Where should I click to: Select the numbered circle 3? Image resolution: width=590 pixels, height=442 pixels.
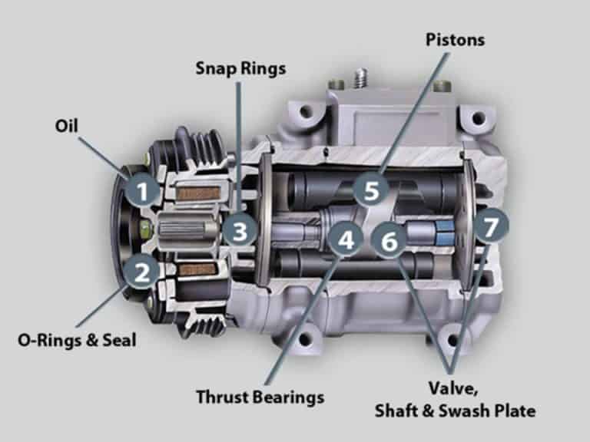pos(240,229)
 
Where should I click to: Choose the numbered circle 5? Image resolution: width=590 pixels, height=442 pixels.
pos(371,190)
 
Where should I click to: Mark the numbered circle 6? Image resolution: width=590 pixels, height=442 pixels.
pos(389,242)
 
